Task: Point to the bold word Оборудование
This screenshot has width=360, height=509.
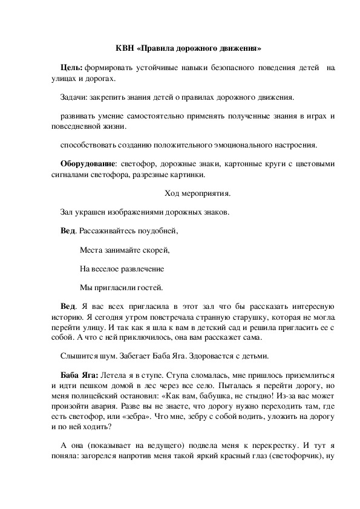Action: [x=88, y=164]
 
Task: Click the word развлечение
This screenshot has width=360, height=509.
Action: [x=142, y=268]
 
